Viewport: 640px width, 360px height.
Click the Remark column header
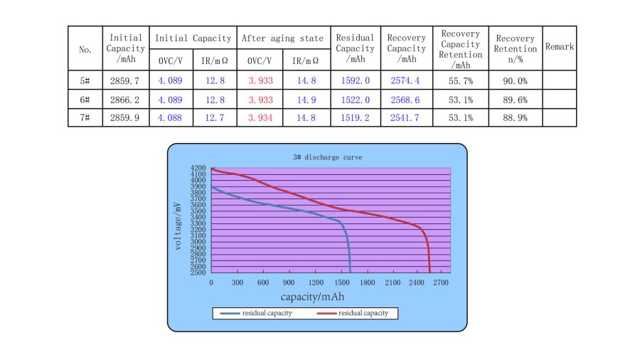(x=560, y=46)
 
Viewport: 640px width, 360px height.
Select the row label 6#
(x=85, y=99)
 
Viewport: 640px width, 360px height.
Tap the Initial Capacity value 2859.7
(x=125, y=80)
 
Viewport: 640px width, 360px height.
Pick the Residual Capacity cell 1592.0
(x=355, y=80)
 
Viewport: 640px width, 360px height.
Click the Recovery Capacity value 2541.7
(x=406, y=117)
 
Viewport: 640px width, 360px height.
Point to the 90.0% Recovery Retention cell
(x=516, y=80)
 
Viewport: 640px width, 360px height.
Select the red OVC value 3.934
(x=259, y=117)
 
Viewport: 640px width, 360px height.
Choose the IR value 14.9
(x=305, y=99)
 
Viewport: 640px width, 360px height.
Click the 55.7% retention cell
(x=461, y=80)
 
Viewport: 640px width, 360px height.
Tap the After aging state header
(x=282, y=38)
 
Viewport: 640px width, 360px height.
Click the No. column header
(x=85, y=50)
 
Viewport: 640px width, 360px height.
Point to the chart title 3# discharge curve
(x=319, y=157)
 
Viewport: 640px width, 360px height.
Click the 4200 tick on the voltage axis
(x=198, y=169)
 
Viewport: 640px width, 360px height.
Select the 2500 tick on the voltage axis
(x=198, y=272)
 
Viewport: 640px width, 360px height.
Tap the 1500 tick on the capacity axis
(x=341, y=283)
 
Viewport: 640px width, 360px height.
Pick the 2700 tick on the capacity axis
(x=442, y=283)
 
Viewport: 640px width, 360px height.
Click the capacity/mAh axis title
(x=312, y=297)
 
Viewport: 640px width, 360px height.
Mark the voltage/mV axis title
(x=178, y=220)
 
